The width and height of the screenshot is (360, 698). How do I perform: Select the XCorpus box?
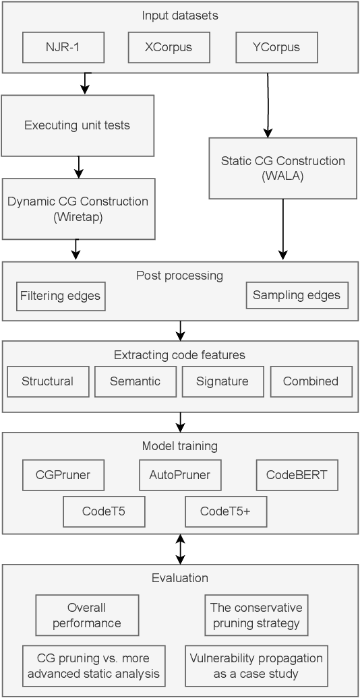pyautogui.click(x=169, y=48)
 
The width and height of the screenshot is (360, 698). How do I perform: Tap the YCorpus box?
pyautogui.click(x=277, y=48)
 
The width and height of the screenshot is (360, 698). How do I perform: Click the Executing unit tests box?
pyautogui.click(x=78, y=125)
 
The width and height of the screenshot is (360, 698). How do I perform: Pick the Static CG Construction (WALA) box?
pyautogui.click(x=282, y=168)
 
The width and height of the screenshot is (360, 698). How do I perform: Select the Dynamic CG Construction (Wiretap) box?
pyautogui.click(x=78, y=208)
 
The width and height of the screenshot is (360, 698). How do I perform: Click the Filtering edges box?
pyautogui.click(x=61, y=296)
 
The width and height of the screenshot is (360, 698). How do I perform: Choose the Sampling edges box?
pyautogui.click(x=297, y=295)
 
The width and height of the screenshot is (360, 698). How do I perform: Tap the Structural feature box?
pyautogui.click(x=47, y=381)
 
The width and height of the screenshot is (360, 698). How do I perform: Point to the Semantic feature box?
pyautogui.click(x=136, y=381)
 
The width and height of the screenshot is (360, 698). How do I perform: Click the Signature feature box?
pyautogui.click(x=222, y=381)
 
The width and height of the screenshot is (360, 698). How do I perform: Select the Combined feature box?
pyautogui.click(x=311, y=381)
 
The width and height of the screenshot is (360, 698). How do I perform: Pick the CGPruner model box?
pyautogui.click(x=63, y=475)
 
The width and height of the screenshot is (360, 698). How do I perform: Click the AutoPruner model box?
pyautogui.click(x=180, y=475)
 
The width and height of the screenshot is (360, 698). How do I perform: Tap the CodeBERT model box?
pyautogui.click(x=297, y=475)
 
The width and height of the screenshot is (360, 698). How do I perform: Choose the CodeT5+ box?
pyautogui.click(x=226, y=511)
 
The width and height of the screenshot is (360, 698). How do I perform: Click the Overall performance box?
pyautogui.click(x=87, y=614)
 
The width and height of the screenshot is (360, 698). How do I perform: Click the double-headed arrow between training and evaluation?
pyautogui.click(x=180, y=548)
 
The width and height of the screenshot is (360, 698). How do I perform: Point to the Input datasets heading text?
pyautogui.click(x=180, y=15)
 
